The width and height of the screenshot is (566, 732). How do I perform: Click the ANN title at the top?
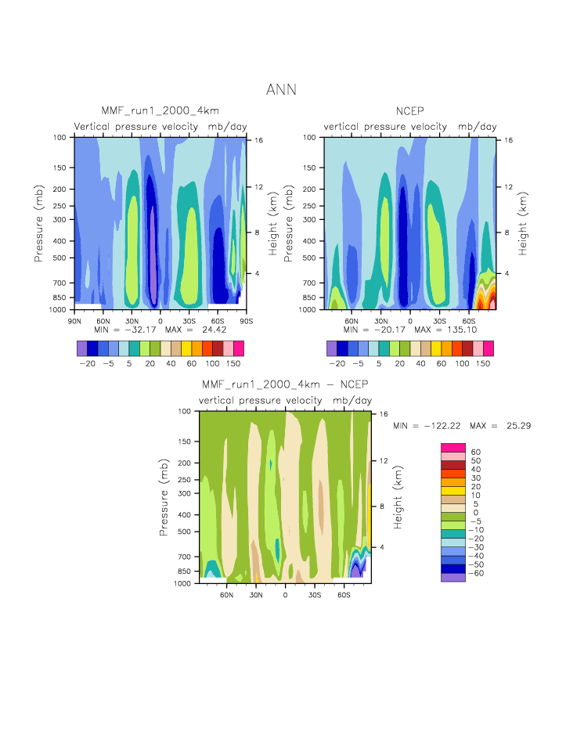click(x=281, y=89)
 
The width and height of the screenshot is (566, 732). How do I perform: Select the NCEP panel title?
click(x=411, y=112)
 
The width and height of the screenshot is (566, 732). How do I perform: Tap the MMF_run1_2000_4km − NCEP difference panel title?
click(x=284, y=385)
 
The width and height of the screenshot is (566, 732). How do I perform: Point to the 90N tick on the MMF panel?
click(x=75, y=320)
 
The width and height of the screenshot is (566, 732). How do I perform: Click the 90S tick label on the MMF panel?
click(x=247, y=320)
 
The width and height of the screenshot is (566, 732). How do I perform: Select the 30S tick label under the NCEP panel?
click(x=439, y=320)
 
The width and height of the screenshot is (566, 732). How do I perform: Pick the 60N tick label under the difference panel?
click(x=227, y=594)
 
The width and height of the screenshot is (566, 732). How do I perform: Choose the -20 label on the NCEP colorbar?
click(x=337, y=364)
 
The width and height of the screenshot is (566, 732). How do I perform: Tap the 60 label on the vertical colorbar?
click(x=476, y=452)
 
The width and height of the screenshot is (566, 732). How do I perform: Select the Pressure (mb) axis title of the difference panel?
click(x=164, y=497)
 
